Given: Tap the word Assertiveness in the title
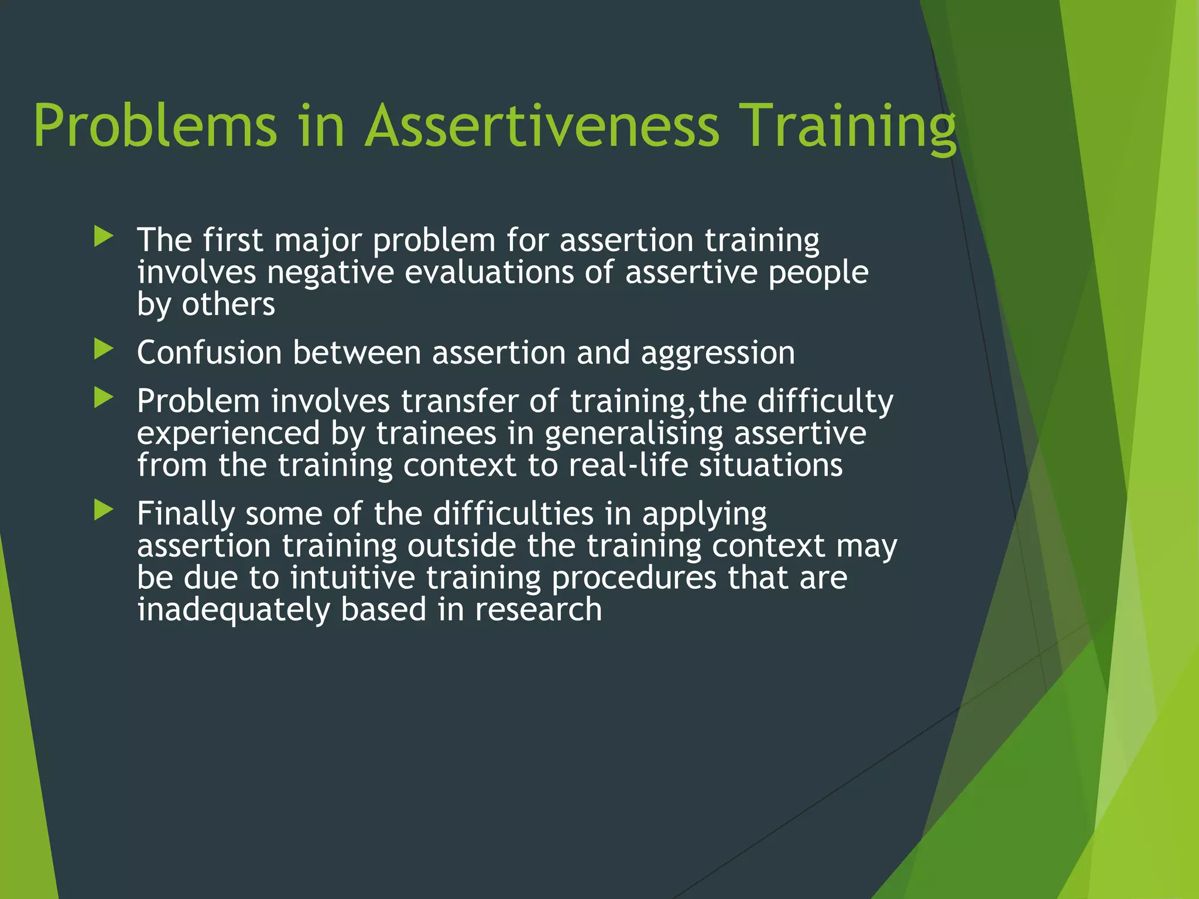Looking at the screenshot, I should [542, 126].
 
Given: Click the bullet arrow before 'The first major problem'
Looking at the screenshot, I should [103, 237].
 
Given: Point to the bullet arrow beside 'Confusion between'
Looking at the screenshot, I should [103, 349].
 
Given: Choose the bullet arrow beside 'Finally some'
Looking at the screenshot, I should [103, 510].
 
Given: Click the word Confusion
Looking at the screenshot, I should [209, 353].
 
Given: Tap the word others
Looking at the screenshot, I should [228, 304].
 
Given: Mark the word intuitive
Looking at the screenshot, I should [352, 578].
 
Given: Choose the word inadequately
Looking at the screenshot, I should [234, 610].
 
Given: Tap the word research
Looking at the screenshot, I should [538, 610].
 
